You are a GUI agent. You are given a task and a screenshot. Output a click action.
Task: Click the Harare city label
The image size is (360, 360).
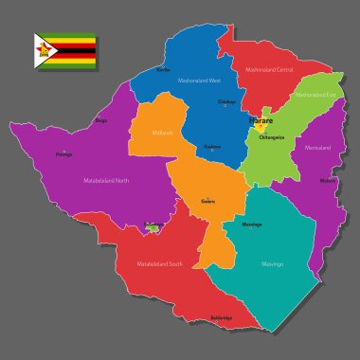tap(260, 122)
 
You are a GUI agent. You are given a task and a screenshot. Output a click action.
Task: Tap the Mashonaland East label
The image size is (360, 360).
tap(314, 95)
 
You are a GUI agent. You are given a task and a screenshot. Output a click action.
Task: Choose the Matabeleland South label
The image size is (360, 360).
tap(158, 263)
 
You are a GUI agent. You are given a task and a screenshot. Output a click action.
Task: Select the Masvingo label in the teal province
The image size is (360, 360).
tap(272, 264)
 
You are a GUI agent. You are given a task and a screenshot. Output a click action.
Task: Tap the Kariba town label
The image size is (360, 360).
tap(162, 69)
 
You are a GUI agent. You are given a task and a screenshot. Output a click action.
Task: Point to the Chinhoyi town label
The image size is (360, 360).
tap(225, 100)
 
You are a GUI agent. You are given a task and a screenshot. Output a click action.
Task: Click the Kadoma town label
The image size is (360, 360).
tap(213, 146)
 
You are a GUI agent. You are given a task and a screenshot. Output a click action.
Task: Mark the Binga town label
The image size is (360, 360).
tap(101, 120)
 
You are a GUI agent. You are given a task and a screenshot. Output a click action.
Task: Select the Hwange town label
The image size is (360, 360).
tap(63, 154)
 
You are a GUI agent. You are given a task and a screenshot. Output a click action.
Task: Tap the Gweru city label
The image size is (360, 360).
tap(207, 201)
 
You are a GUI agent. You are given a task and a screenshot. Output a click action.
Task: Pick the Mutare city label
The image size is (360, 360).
tap(328, 179)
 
